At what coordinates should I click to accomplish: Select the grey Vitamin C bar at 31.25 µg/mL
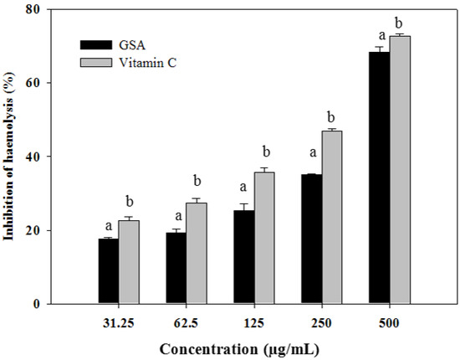[128, 262]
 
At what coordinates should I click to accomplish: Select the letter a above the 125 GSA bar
[243, 188]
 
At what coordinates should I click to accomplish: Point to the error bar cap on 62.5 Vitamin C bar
[197, 198]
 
